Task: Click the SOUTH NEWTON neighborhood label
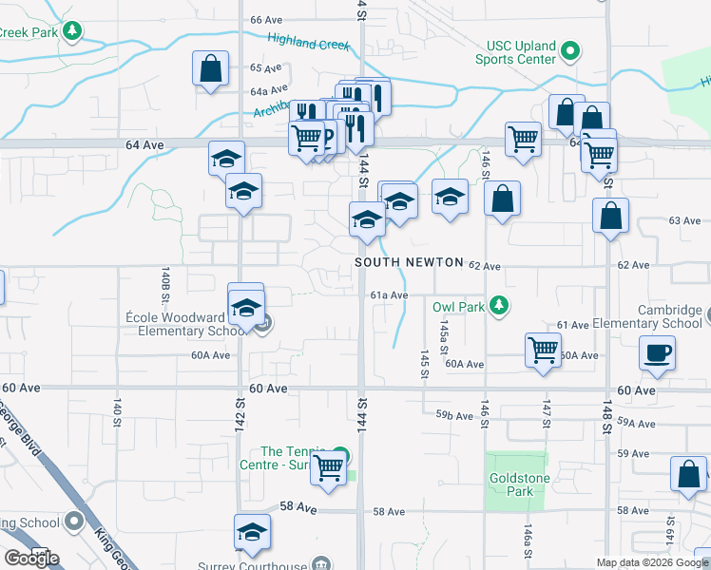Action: pyautogui.click(x=409, y=262)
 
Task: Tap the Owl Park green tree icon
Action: pyautogui.click(x=496, y=306)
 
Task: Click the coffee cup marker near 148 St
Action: pyautogui.click(x=658, y=353)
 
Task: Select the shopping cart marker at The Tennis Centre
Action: pyautogui.click(x=328, y=466)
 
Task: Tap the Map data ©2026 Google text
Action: pyautogui.click(x=651, y=562)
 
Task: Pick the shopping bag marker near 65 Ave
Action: pyautogui.click(x=210, y=68)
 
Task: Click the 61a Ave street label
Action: pyautogui.click(x=389, y=295)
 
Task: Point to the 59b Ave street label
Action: pyautogui.click(x=454, y=415)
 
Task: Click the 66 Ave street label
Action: pyautogui.click(x=267, y=19)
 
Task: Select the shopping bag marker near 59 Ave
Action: pyautogui.click(x=687, y=474)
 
